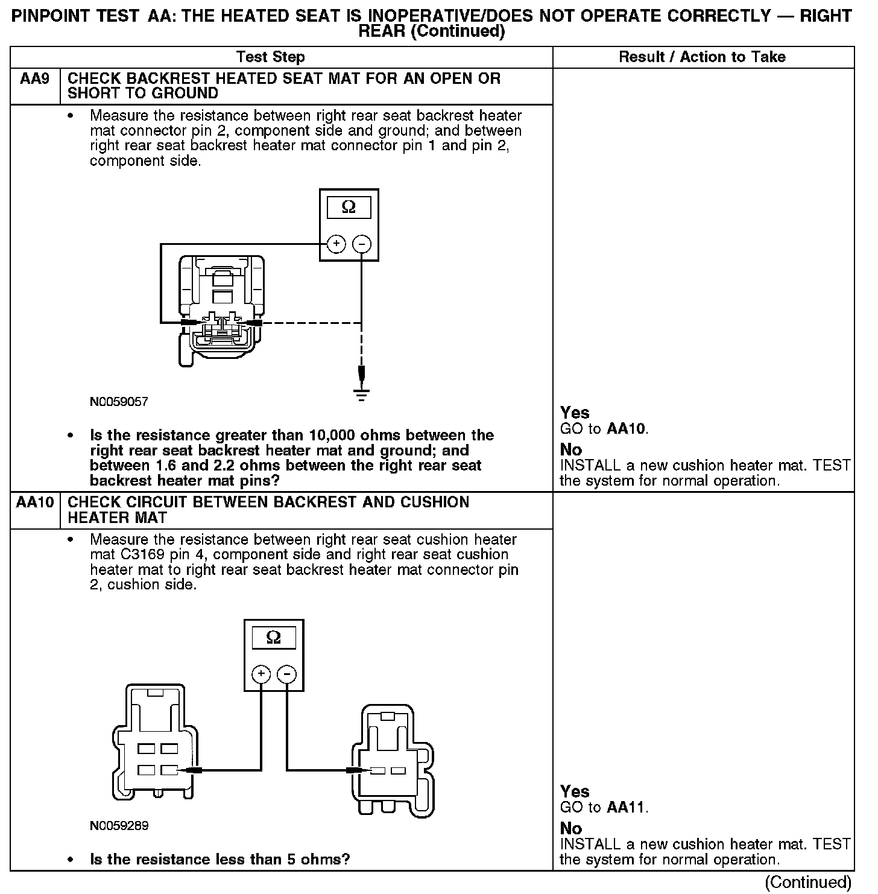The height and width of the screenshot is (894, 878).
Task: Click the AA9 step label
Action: click(34, 79)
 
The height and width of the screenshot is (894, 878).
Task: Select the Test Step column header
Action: click(271, 57)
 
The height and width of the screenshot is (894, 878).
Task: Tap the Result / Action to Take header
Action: click(703, 57)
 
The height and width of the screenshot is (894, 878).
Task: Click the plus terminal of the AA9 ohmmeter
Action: click(336, 244)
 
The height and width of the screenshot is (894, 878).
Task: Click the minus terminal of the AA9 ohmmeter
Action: click(361, 244)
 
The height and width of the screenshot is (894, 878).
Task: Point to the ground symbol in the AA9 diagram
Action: click(361, 395)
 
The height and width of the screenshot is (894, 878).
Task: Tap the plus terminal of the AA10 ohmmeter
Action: click(261, 674)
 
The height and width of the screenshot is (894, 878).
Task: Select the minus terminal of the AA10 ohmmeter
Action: click(286, 674)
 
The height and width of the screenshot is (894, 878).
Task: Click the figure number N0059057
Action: click(119, 402)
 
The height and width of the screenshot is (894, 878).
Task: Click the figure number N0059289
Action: click(119, 826)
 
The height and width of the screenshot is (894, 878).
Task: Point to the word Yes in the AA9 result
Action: click(575, 413)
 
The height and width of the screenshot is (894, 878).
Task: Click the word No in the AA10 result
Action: click(571, 828)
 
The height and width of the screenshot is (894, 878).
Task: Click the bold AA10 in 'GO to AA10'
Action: click(626, 430)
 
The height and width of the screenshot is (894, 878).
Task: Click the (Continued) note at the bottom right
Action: click(808, 883)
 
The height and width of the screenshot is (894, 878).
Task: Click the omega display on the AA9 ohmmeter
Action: click(349, 208)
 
